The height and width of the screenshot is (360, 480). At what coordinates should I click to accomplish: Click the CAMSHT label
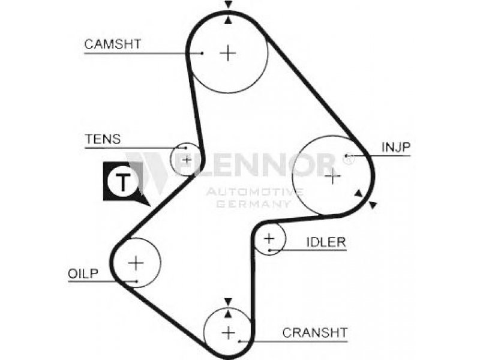(112, 44)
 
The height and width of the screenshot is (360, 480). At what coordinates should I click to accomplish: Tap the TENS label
(103, 139)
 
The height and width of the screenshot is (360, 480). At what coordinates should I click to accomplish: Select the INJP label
(396, 147)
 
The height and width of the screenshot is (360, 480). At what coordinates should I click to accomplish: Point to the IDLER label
(326, 242)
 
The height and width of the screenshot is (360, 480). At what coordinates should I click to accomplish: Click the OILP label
(83, 274)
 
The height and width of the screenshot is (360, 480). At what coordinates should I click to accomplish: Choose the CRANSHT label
(314, 332)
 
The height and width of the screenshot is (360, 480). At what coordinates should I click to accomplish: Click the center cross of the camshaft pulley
(228, 53)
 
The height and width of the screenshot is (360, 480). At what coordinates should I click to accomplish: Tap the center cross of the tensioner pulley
(187, 160)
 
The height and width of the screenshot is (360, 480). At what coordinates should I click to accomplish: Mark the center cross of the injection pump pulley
(332, 176)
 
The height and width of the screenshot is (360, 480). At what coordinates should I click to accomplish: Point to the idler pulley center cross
(269, 238)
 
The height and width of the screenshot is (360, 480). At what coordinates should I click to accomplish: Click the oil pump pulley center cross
(136, 263)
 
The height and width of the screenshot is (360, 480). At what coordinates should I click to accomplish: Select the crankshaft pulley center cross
(229, 332)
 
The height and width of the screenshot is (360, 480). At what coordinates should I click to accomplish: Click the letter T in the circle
(124, 182)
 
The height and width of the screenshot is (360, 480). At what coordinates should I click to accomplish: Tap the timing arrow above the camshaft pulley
(228, 4)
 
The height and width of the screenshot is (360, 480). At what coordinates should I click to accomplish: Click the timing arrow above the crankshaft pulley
(228, 302)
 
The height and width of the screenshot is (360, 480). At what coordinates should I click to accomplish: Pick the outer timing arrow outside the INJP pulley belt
(373, 205)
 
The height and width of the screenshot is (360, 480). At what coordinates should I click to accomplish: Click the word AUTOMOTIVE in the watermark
(254, 192)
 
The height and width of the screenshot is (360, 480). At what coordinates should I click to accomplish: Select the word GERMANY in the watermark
(254, 204)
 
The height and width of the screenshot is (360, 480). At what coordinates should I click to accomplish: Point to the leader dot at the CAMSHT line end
(202, 53)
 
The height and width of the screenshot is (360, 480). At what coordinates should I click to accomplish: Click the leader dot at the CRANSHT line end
(239, 341)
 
